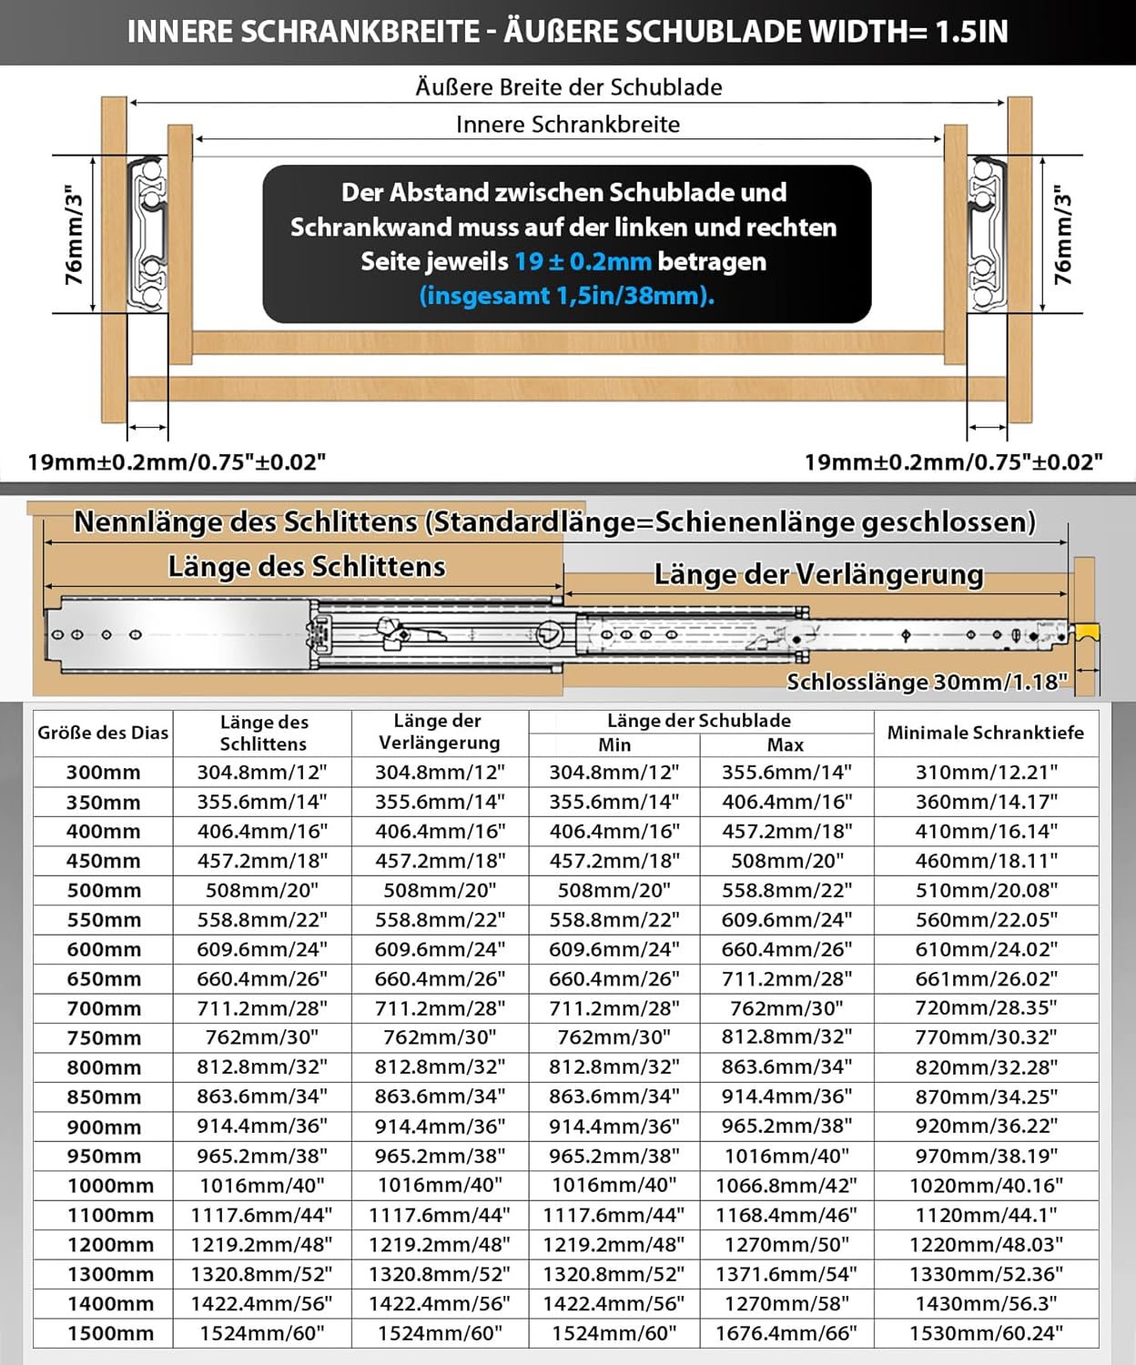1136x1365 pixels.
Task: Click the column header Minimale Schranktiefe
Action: [x=985, y=733]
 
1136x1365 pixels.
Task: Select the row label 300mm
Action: [x=103, y=773]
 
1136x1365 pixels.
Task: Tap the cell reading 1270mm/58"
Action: [x=786, y=1303]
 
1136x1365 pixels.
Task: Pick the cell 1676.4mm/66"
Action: [x=786, y=1333]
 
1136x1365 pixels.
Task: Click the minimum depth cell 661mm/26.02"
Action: [x=986, y=979]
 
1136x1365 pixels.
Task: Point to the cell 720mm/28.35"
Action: [x=986, y=1008]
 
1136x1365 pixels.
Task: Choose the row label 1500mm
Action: [x=110, y=1333]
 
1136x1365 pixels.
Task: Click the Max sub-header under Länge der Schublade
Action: [x=786, y=745]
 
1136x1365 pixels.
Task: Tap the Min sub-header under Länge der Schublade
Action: [x=614, y=745]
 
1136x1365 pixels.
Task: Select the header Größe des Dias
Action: [x=103, y=733]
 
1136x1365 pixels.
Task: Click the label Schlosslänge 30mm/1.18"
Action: [x=927, y=682]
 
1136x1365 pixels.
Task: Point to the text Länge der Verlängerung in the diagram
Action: [x=818, y=575]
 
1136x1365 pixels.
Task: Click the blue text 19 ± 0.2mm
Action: [x=583, y=262]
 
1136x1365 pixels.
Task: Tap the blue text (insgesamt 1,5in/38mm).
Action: [x=566, y=296]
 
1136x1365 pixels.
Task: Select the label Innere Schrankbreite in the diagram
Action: [x=568, y=125]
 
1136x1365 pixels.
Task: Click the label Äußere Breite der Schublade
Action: [x=568, y=87]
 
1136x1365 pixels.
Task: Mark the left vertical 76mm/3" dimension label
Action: [x=74, y=235]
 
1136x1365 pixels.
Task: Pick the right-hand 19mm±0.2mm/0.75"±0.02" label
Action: [x=953, y=462]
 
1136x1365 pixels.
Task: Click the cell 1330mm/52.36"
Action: [x=986, y=1274]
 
